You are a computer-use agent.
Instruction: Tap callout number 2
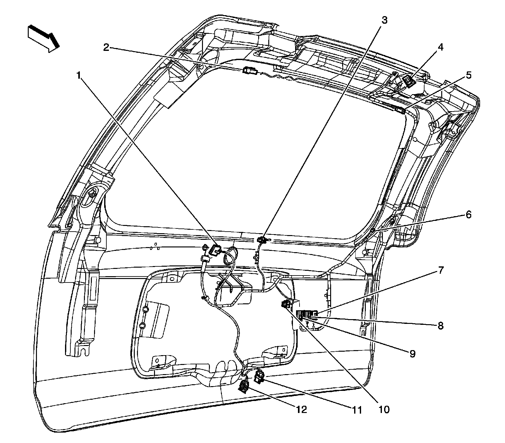click(106, 47)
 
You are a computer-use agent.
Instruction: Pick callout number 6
click(468, 215)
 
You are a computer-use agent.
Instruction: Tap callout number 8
click(441, 325)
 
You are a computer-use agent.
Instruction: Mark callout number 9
click(412, 354)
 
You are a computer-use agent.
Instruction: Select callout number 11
click(356, 410)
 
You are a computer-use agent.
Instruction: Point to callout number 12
click(301, 410)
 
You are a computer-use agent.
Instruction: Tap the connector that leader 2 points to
click(249, 70)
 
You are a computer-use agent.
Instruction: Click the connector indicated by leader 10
click(286, 305)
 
